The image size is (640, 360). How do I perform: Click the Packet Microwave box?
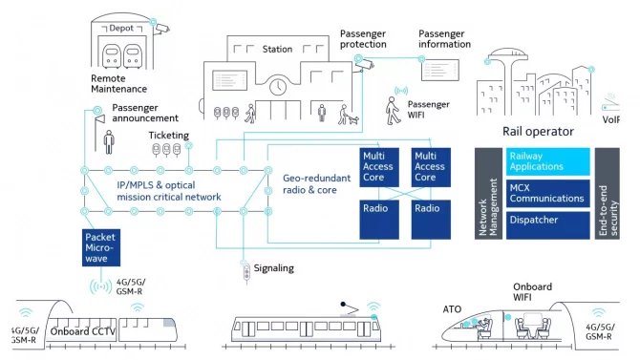click(101, 247)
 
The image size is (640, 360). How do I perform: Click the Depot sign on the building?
click(121, 29)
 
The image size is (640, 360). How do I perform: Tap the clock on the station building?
click(277, 87)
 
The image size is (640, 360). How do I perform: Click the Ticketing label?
click(168, 136)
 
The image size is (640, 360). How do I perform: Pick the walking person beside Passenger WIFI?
click(392, 113)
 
